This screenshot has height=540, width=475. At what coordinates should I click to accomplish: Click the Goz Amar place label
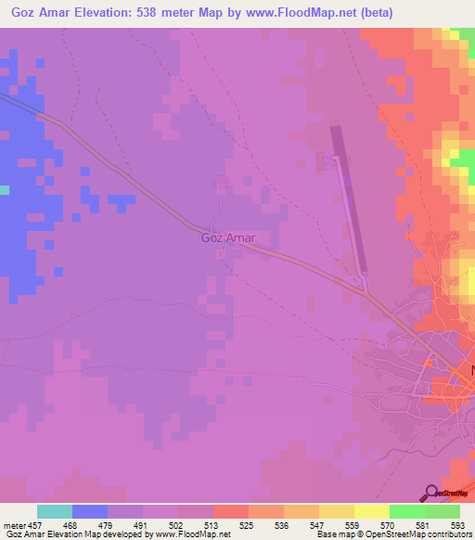(x=228, y=238)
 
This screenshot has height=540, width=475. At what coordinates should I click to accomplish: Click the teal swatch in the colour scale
(x=55, y=511)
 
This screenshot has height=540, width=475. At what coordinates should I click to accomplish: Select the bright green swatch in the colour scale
(x=406, y=511)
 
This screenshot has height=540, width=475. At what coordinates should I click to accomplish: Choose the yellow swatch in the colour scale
(x=371, y=511)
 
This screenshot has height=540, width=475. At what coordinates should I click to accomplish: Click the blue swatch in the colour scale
(x=90, y=511)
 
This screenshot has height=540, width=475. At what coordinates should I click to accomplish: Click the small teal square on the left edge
(x=4, y=190)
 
